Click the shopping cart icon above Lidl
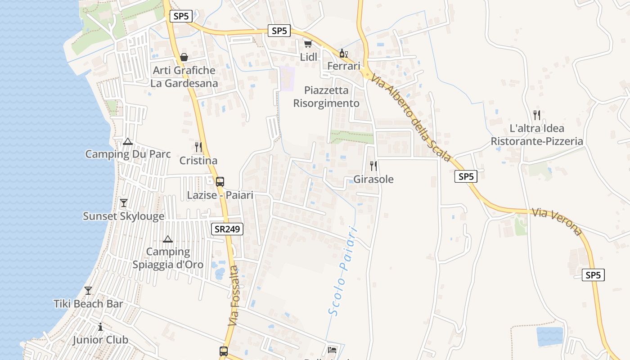308,44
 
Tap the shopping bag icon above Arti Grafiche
184,57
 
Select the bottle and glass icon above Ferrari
343,53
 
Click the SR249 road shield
227,229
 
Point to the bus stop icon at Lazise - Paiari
220,182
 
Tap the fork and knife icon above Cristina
198,147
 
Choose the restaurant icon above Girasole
373,166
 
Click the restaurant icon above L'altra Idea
536,115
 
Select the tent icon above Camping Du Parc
128,141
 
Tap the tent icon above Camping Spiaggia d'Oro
168,239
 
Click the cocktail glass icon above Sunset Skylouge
124,202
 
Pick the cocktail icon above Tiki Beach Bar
88,290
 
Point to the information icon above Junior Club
100,327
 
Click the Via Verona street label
557,221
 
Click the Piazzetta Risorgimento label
326,97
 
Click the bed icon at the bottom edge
332,350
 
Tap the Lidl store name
309,57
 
